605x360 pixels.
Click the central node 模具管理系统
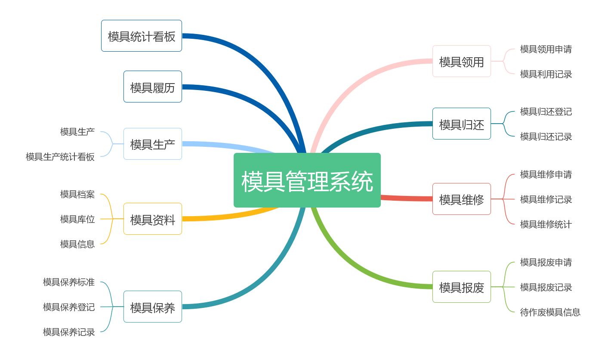coord(307,180)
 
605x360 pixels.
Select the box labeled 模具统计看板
coord(142,36)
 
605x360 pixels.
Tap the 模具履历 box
coord(153,87)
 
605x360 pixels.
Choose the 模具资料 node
coord(153,219)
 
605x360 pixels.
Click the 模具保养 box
coord(153,307)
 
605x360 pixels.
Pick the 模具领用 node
coord(462,61)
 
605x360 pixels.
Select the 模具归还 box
coord(462,124)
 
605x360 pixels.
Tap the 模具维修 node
coord(462,199)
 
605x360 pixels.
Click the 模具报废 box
coord(462,287)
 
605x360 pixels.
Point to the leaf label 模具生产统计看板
coord(60,157)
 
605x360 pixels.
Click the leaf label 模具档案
coord(77,194)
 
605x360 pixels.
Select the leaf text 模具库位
coord(77,219)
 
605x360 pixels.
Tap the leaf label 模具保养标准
coord(68,282)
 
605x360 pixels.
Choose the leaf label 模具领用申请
coord(546,49)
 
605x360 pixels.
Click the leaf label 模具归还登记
coord(546,112)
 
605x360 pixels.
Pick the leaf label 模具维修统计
coord(546,224)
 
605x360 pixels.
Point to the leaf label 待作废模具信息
coord(550,312)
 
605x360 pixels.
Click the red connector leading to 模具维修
coord(407,199)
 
